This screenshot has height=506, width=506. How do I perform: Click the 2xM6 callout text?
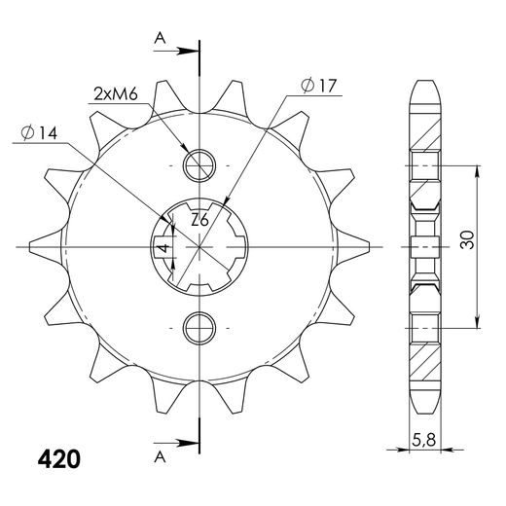(x=116, y=94)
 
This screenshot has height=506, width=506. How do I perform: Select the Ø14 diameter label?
(x=39, y=133)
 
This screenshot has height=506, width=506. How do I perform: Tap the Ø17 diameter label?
(x=319, y=86)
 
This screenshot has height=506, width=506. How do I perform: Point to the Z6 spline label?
(x=199, y=220)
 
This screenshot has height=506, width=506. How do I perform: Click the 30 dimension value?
(x=467, y=239)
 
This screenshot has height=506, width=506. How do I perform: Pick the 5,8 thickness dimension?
(x=423, y=441)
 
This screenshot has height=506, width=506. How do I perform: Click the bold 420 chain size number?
(x=59, y=459)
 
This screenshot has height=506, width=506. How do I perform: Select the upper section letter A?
(x=160, y=39)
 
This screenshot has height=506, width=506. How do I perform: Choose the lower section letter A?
(x=160, y=457)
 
